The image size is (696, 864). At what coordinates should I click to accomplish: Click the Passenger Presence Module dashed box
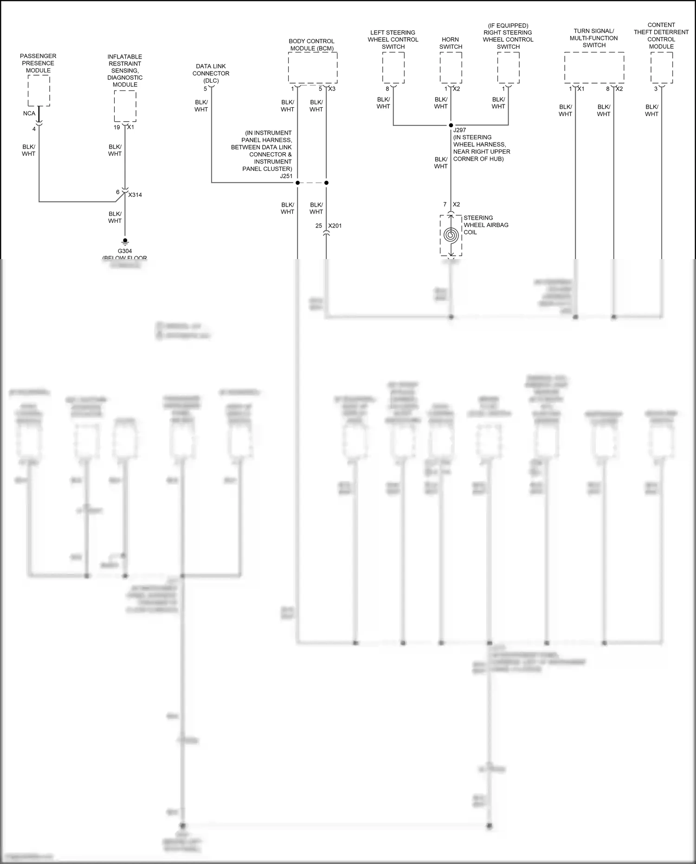coord(39,91)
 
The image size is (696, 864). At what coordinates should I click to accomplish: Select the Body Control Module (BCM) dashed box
coord(312,68)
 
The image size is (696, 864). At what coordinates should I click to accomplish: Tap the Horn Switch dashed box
coord(451,68)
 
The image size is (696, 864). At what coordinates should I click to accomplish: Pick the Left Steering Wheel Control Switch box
coord(393,68)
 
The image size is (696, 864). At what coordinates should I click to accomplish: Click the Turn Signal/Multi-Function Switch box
coord(594,68)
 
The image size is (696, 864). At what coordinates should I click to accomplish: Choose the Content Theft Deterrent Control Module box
coord(661,68)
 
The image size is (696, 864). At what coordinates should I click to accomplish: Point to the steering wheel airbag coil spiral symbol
coord(451,235)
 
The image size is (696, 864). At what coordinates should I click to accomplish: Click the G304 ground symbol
coord(125,242)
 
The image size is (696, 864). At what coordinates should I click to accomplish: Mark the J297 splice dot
coord(451,125)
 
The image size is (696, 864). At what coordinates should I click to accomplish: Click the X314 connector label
coord(135,195)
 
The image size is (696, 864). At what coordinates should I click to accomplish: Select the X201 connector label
coord(335,226)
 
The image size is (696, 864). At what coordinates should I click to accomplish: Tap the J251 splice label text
coord(286,176)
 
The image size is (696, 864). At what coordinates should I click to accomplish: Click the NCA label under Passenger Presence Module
coord(29,114)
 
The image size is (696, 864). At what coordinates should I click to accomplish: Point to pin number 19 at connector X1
coord(117,127)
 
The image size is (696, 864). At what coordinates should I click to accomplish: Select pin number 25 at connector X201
coord(319,226)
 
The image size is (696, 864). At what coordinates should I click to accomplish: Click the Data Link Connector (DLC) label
coord(211,73)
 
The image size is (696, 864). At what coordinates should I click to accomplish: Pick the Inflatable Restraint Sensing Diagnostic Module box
coord(125,106)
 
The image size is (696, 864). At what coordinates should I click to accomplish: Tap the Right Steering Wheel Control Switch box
coord(508,68)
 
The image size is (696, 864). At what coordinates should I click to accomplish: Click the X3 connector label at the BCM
coord(332,89)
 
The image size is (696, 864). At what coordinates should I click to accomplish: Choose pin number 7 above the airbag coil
coord(445,205)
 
